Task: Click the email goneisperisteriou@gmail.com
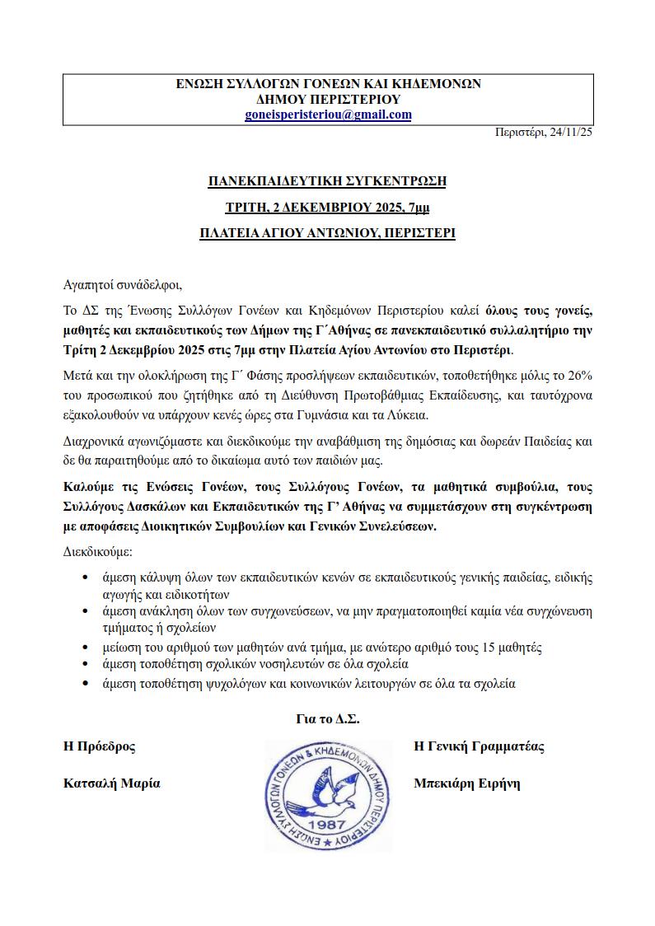pos(328,115)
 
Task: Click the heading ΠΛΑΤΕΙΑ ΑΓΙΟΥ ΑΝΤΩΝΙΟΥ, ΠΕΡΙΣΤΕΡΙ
pos(327,233)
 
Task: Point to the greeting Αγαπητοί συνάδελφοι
pos(121,286)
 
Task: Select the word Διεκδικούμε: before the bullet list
pos(97,550)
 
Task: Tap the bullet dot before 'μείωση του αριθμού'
pos(86,647)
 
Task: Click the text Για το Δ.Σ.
pos(327,718)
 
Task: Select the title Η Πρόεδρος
pos(100,746)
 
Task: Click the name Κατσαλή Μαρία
pos(112,783)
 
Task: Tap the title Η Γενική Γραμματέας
pos(478,746)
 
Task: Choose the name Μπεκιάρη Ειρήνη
pos(466,783)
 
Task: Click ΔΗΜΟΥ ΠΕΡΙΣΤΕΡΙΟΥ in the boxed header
pos(328,99)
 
